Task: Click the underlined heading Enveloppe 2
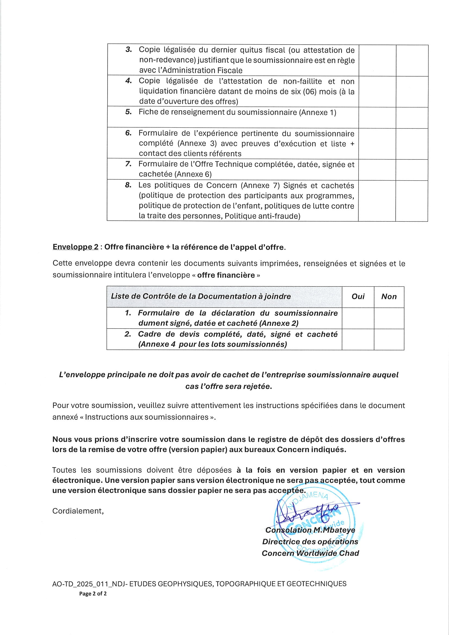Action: pyautogui.click(x=75, y=247)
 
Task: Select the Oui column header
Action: pyautogui.click(x=358, y=297)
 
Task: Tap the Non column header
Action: pyautogui.click(x=389, y=297)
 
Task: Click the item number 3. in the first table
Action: pyautogui.click(x=129, y=50)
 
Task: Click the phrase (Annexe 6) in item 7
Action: pyautogui.click(x=193, y=174)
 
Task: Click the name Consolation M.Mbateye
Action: pyautogui.click(x=310, y=530)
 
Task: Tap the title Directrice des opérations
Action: pyautogui.click(x=310, y=542)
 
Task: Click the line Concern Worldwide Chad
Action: pyautogui.click(x=310, y=553)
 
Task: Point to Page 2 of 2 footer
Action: pyautogui.click(x=93, y=593)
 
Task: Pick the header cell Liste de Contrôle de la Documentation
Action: pyautogui.click(x=201, y=297)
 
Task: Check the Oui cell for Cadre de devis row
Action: pyautogui.click(x=358, y=339)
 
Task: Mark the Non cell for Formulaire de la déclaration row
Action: pyautogui.click(x=389, y=318)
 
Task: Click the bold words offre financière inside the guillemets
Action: pyautogui.click(x=226, y=275)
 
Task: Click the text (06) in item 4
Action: pyautogui.click(x=310, y=92)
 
